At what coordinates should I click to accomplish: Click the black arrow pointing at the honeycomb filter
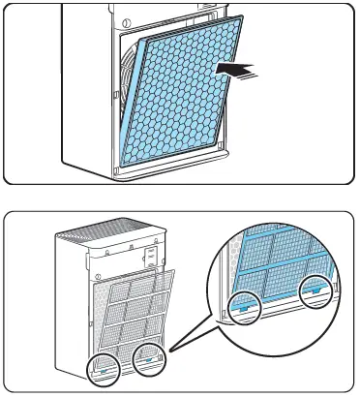pyautogui.click(x=239, y=70)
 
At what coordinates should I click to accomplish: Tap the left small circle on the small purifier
pyautogui.click(x=105, y=366)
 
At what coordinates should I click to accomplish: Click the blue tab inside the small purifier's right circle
pyautogui.click(x=149, y=356)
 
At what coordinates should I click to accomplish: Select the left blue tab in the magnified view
pyautogui.click(x=243, y=307)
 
